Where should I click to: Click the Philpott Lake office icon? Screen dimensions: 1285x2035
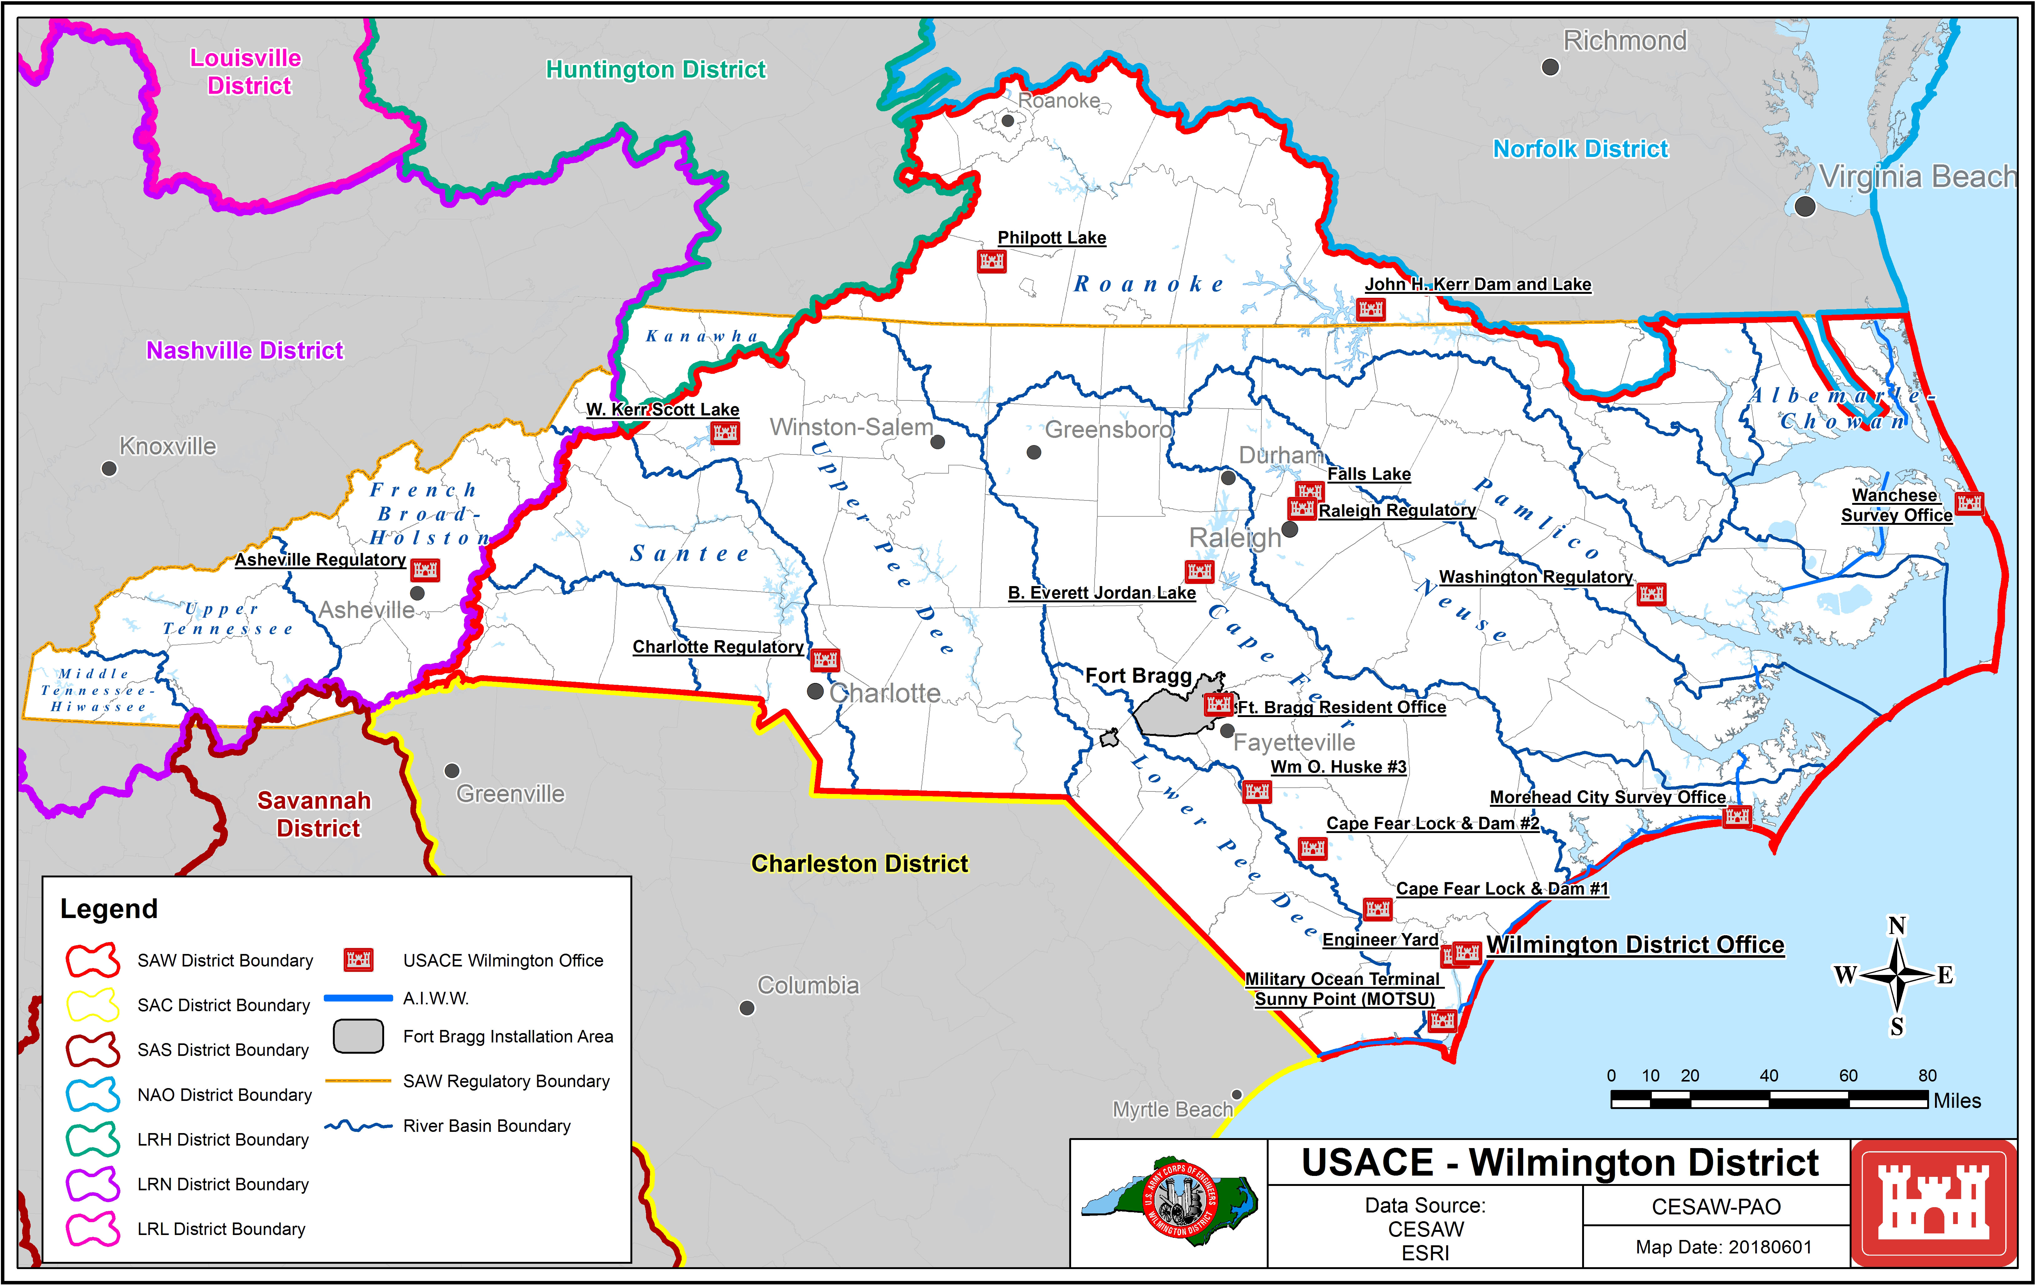pos(991,261)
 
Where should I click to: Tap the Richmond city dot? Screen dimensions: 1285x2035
pos(1550,67)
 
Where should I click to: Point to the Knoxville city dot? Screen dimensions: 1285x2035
pos(109,468)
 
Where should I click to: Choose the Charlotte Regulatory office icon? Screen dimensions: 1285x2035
pos(825,660)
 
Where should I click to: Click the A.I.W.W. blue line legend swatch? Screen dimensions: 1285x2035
pos(358,998)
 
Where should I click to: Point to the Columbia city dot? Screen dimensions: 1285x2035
pos(747,1008)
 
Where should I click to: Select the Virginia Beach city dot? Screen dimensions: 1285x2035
pos(1805,206)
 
